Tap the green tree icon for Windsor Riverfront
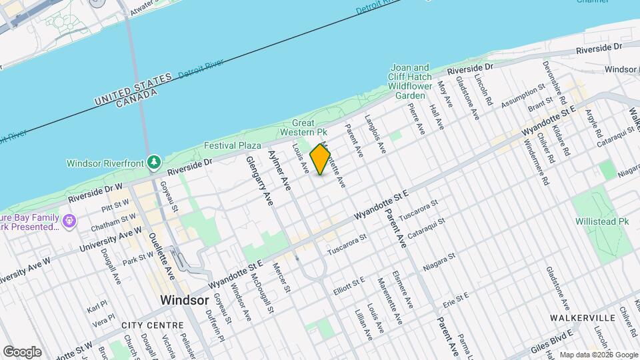coord(155,162)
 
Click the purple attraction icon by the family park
coord(68,220)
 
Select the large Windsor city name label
coord(184,300)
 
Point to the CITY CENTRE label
coord(153,325)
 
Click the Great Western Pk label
coord(312,127)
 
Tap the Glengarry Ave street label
coord(261,181)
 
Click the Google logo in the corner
coord(22,351)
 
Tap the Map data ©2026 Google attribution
coord(597,355)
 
